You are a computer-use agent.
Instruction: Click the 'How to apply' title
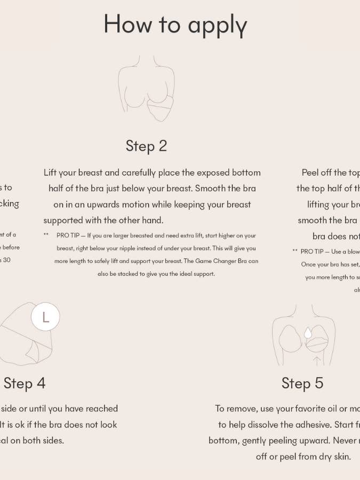175,25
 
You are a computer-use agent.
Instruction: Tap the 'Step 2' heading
146,146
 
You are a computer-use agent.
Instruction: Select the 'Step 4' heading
25,383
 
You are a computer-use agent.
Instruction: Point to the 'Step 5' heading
302,383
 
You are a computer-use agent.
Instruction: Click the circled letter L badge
45,317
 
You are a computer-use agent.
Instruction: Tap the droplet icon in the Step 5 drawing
307,333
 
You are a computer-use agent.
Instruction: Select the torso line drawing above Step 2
147,88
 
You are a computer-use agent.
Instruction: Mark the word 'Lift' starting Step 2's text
50,173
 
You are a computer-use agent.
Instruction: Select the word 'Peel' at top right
310,173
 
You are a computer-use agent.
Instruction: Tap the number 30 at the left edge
7,260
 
